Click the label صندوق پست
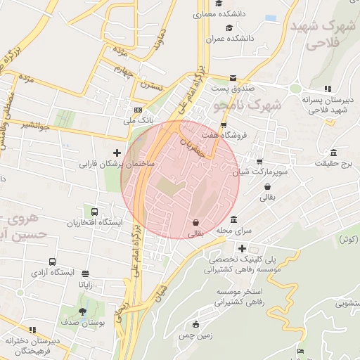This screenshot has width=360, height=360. tap(231, 89)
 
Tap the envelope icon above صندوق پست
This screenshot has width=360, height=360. tap(233, 78)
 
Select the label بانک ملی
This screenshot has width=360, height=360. tap(138, 122)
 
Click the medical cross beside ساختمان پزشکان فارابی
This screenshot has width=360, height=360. tap(117, 153)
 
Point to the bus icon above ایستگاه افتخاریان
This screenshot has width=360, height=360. tap(94, 212)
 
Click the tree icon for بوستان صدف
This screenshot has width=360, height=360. tap(83, 311)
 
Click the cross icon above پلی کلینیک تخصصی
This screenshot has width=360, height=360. tap(242, 248)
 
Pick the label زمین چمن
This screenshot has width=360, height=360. tap(195, 336)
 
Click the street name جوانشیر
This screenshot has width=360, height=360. tap(34, 127)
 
